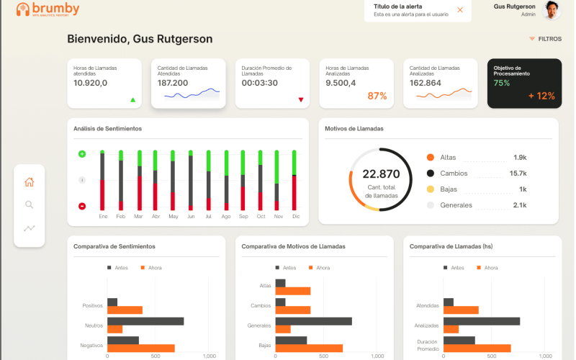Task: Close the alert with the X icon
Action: pos(460,10)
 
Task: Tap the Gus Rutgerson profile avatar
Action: pos(552,9)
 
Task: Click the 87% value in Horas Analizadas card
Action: pos(377,96)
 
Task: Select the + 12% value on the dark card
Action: pos(541,96)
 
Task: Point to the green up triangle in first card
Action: pos(132,100)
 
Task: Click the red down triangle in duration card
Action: pos(301,100)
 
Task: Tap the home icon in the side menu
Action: pos(30,182)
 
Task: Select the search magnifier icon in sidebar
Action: pos(30,204)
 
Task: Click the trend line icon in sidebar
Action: pos(30,228)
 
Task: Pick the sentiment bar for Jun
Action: pos(191,180)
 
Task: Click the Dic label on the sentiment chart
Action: pos(296,217)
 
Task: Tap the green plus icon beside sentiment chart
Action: pos(82,154)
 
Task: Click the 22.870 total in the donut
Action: pos(381,174)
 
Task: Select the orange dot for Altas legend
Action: pos(431,157)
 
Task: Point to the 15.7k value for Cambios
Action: pos(518,174)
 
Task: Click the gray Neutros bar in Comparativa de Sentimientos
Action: pos(145,321)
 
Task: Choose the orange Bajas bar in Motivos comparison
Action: pos(309,348)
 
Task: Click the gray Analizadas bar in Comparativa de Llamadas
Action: pos(481,321)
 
